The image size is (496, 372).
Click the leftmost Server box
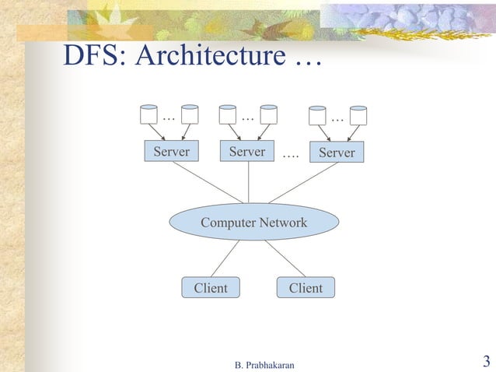pos(171,152)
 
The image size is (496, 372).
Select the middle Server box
pos(248,152)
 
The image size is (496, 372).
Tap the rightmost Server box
pos(337,153)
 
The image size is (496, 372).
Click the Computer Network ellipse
pos(253,223)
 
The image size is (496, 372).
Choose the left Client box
pos(211,288)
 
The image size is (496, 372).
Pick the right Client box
pos(306,288)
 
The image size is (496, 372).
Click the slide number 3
pos(486,361)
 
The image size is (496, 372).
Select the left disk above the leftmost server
pos(148,114)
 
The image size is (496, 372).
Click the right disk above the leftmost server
pos(190,114)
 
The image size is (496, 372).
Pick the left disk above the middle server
pos(228,114)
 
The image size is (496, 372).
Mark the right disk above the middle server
pos(269,114)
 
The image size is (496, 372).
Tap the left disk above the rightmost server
pos(317,116)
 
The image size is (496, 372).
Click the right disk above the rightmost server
pos(358,116)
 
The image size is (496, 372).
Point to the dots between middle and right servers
pos(291,154)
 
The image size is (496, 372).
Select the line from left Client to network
pos(225,258)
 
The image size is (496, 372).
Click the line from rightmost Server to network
pos(305,182)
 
